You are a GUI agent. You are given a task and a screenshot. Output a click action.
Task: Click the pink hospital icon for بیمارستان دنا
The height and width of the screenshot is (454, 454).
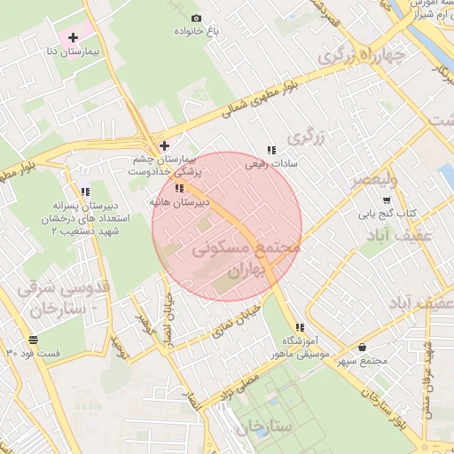(74, 37)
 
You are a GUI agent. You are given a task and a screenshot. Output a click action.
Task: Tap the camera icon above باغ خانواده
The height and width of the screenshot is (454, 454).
(197, 18)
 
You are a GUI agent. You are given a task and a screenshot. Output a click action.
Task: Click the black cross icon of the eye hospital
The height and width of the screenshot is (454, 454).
(164, 145)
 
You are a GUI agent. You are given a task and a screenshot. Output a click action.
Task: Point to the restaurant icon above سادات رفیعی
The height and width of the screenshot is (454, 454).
(270, 149)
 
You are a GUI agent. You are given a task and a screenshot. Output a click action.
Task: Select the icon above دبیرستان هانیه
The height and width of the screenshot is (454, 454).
(180, 188)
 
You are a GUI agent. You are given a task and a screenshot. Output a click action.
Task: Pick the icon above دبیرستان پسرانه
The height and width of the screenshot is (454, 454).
(84, 191)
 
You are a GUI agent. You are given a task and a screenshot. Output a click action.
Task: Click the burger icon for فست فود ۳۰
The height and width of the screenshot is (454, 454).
(34, 339)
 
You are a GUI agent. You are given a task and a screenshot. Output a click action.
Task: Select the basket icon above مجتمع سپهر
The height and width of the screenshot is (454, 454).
(363, 347)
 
